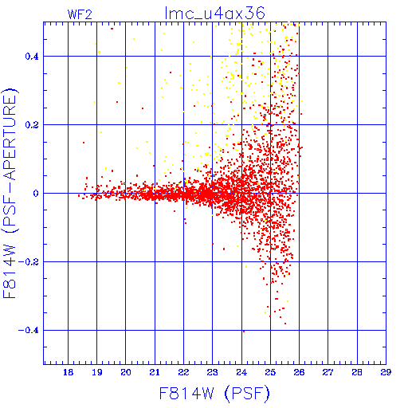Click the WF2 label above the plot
click(x=80, y=14)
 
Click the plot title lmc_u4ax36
click(x=214, y=14)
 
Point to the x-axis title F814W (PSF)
click(x=214, y=393)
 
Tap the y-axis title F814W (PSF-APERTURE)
click(x=10, y=194)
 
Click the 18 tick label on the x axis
click(x=69, y=372)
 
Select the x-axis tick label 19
click(x=97, y=372)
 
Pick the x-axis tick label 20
click(x=126, y=372)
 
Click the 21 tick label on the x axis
click(x=155, y=372)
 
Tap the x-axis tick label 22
click(x=183, y=372)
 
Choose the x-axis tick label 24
click(x=241, y=372)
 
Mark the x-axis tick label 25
click(x=270, y=372)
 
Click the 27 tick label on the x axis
click(x=328, y=372)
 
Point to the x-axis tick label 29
click(x=386, y=372)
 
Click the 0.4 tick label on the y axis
click(x=32, y=57)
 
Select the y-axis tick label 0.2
click(x=32, y=125)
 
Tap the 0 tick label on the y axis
click(x=36, y=194)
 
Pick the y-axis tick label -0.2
click(x=29, y=262)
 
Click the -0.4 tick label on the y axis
click(x=29, y=331)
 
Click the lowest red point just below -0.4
click(x=244, y=331)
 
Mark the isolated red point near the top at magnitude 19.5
click(x=112, y=29)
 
